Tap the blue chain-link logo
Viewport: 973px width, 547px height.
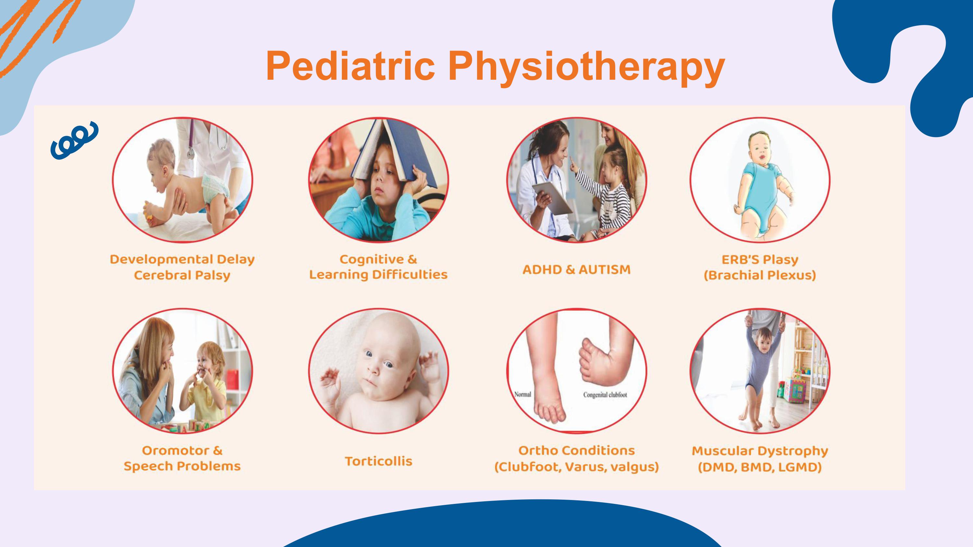(x=74, y=140)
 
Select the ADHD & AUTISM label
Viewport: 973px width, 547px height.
(x=576, y=270)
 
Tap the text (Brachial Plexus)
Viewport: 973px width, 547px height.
(x=760, y=275)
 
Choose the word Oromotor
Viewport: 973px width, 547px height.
(x=175, y=450)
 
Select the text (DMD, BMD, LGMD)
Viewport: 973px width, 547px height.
(x=760, y=467)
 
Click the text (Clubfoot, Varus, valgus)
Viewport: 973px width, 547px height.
(x=576, y=467)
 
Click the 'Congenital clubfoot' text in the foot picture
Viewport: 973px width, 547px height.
(x=605, y=395)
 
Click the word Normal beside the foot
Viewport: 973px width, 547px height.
(x=523, y=394)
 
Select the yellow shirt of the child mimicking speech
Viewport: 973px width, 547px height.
(x=206, y=396)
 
